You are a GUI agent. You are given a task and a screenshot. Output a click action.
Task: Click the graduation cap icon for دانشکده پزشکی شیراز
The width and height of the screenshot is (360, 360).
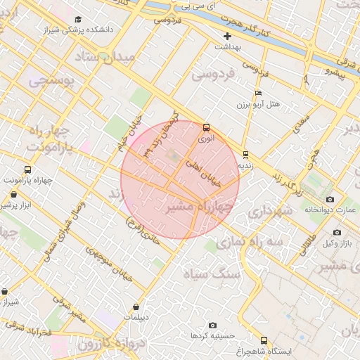pyautogui.click(x=78, y=20)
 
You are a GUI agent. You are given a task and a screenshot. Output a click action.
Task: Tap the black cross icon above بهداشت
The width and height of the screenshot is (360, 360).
pyautogui.click(x=227, y=35)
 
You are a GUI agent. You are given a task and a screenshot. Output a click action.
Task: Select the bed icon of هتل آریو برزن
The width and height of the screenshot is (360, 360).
pyautogui.click(x=258, y=93)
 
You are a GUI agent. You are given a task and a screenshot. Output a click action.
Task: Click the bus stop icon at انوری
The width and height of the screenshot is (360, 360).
pyautogui.click(x=206, y=128)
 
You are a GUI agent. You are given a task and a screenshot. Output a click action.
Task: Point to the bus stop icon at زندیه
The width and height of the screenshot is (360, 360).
pyautogui.click(x=245, y=155)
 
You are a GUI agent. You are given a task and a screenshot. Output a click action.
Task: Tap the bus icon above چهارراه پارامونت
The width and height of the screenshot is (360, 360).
pyautogui.click(x=28, y=170)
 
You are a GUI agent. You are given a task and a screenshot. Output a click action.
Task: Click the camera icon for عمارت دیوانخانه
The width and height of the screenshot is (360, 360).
pyautogui.click(x=330, y=199)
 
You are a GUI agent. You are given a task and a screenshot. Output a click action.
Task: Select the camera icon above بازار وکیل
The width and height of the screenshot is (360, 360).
pyautogui.click(x=337, y=232)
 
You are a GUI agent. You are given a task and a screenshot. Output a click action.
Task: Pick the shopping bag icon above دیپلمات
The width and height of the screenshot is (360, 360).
pyautogui.click(x=135, y=307)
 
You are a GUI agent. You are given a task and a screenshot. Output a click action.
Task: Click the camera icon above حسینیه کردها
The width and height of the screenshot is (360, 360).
pyautogui.click(x=213, y=326)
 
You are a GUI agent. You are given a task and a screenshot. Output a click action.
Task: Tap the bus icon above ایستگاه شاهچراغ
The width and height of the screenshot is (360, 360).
pyautogui.click(x=264, y=340)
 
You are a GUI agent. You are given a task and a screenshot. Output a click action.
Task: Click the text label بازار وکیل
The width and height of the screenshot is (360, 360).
pyautogui.click(x=337, y=243)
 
